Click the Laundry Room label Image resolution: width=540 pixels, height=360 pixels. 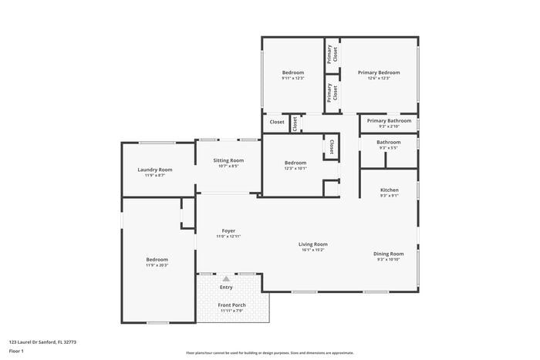[x=154, y=170]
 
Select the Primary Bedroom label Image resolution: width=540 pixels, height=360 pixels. [x=379, y=72]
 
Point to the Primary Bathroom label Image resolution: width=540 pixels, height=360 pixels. [x=389, y=120]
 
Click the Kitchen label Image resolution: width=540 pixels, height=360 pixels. [x=389, y=190]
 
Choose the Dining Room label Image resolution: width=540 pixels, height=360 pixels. [x=389, y=254]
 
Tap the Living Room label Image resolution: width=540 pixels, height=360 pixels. [x=313, y=244]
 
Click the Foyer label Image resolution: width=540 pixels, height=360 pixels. [x=228, y=230]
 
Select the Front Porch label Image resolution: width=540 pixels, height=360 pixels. [x=232, y=305]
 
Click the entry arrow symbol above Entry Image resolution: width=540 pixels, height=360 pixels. [x=226, y=278]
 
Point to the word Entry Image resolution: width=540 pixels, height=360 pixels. [x=226, y=288]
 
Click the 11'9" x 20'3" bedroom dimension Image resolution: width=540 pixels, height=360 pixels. [x=157, y=265]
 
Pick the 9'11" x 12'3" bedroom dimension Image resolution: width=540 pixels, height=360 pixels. [x=292, y=78]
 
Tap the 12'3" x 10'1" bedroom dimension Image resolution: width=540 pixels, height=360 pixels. [x=295, y=168]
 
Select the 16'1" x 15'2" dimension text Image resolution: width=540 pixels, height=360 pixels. [x=313, y=250]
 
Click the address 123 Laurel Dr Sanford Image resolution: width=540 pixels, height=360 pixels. [x=42, y=341]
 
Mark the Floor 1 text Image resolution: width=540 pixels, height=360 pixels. [x=16, y=351]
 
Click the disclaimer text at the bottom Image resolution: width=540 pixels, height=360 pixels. [x=270, y=352]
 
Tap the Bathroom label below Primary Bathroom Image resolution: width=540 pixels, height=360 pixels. [x=389, y=142]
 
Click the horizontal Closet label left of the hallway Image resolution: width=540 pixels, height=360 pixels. [x=276, y=122]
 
